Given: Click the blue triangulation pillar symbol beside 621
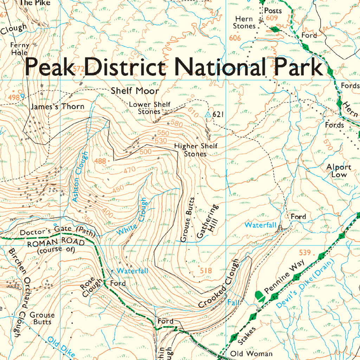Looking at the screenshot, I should tap(207, 115).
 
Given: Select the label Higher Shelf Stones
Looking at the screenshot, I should tap(195, 150).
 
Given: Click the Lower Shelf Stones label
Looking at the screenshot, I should tap(149, 108).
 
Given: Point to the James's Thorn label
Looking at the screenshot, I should tap(57, 107).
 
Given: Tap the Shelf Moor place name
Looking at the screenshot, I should tap(135, 91).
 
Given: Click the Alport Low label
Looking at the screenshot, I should tap(339, 171).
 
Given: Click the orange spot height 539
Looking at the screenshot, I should tap(305, 252).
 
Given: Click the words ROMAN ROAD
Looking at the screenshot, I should tap(56, 243).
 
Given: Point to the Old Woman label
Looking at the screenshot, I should tap(251, 353).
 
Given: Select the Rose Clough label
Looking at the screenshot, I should tap(88, 287).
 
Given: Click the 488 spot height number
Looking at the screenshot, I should tap(100, 161).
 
